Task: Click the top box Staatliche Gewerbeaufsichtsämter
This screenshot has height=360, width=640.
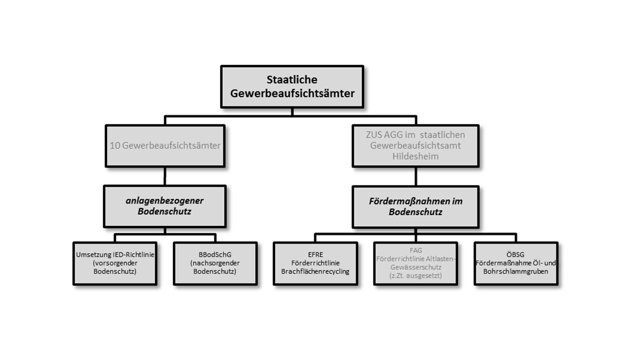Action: tap(291, 86)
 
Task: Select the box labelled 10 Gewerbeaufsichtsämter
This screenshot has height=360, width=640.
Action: tap(165, 145)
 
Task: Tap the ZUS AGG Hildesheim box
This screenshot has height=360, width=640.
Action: tap(415, 145)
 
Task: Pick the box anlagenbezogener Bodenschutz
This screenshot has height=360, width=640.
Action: tap(165, 206)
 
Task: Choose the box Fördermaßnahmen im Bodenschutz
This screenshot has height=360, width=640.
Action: tap(415, 206)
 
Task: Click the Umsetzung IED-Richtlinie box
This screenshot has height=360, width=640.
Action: tap(115, 263)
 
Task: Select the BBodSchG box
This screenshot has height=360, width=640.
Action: tap(215, 263)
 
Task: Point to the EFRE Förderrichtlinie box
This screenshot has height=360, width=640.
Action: tap(315, 263)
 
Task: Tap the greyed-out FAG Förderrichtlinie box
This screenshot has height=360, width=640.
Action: tap(415, 263)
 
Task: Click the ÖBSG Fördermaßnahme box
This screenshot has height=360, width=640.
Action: tap(515, 263)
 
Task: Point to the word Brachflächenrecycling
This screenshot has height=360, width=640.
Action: tap(315, 271)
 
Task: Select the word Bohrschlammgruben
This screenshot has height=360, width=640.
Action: tap(515, 271)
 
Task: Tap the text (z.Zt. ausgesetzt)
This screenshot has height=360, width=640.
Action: tap(415, 275)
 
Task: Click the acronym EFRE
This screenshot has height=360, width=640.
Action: tap(315, 254)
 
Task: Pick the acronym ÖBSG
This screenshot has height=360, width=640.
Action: tap(515, 254)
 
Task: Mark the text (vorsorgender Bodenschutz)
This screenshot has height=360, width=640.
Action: tap(115, 267)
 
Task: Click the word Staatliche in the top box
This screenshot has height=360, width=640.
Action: tap(291, 80)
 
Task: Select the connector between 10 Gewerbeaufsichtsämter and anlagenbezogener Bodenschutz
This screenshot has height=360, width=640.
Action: tap(165, 176)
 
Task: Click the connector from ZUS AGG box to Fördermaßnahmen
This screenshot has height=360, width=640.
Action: tap(415, 176)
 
